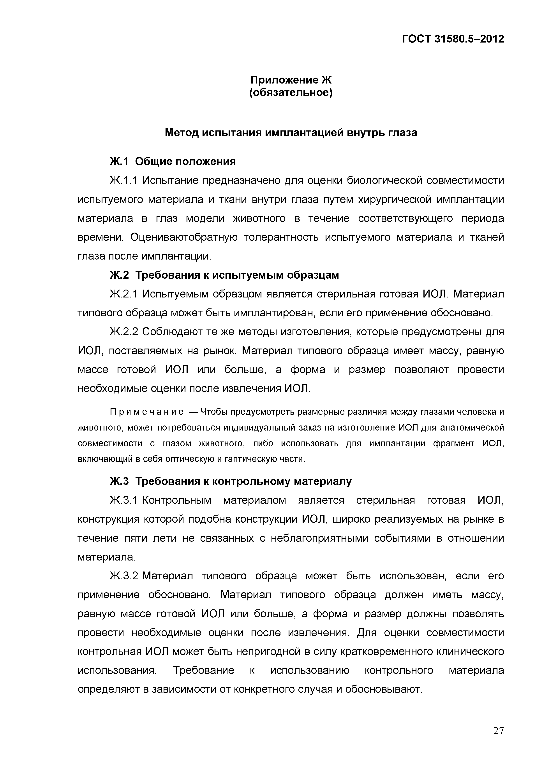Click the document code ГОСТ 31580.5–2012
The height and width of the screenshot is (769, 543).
(453, 39)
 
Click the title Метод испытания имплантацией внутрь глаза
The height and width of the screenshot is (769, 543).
(291, 133)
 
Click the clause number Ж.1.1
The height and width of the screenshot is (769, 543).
(123, 181)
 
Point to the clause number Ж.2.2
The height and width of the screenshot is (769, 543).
(123, 332)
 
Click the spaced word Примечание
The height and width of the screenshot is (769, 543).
(146, 412)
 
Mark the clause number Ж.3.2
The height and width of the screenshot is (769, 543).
(123, 576)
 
